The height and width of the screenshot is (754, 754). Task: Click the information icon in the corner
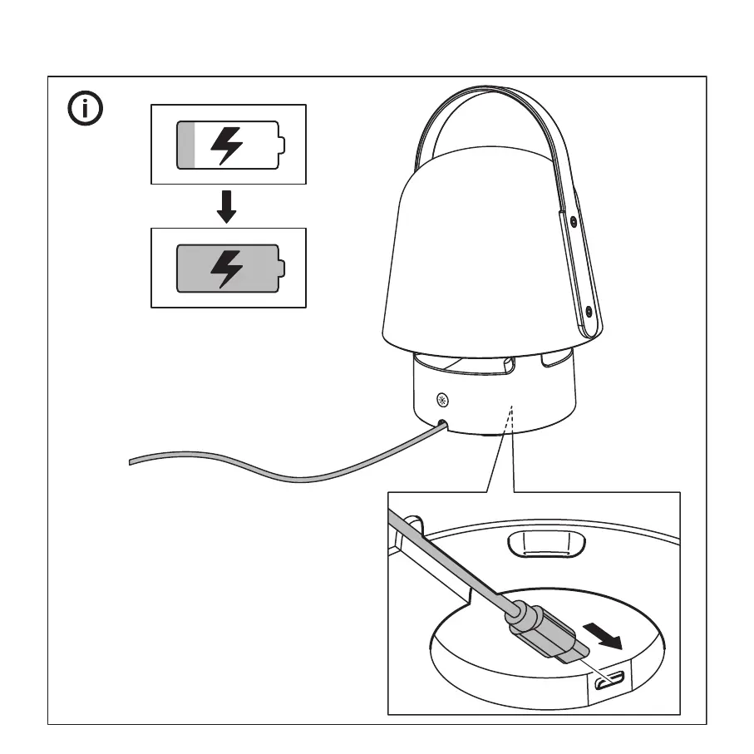click(x=86, y=109)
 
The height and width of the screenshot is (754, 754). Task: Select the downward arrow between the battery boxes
click(x=226, y=206)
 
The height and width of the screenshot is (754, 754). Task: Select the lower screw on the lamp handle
click(x=589, y=311)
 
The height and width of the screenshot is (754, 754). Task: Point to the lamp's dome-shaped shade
click(x=482, y=266)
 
